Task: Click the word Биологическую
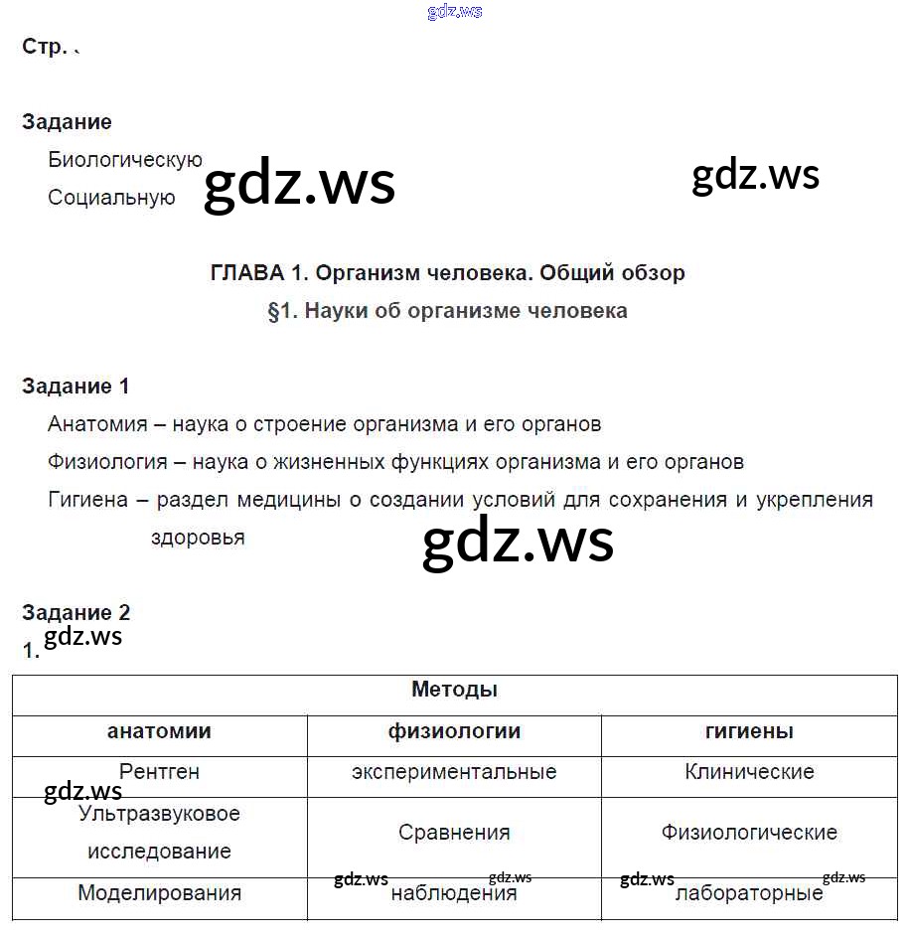(125, 160)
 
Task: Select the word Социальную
(111, 198)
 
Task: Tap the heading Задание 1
(76, 387)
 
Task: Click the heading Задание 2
(76, 612)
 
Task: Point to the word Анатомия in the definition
(97, 424)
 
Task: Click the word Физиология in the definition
(106, 462)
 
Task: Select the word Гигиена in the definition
(87, 500)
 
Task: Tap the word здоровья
(198, 538)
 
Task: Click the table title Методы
(454, 690)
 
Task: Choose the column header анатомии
(159, 731)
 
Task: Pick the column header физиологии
(454, 731)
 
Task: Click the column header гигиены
(749, 731)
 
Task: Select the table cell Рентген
(159, 771)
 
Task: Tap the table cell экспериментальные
(454, 772)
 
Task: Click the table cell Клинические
(749, 772)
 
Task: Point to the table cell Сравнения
(454, 833)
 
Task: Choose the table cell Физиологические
(749, 833)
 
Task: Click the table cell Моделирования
(159, 893)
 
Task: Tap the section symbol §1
(281, 311)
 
